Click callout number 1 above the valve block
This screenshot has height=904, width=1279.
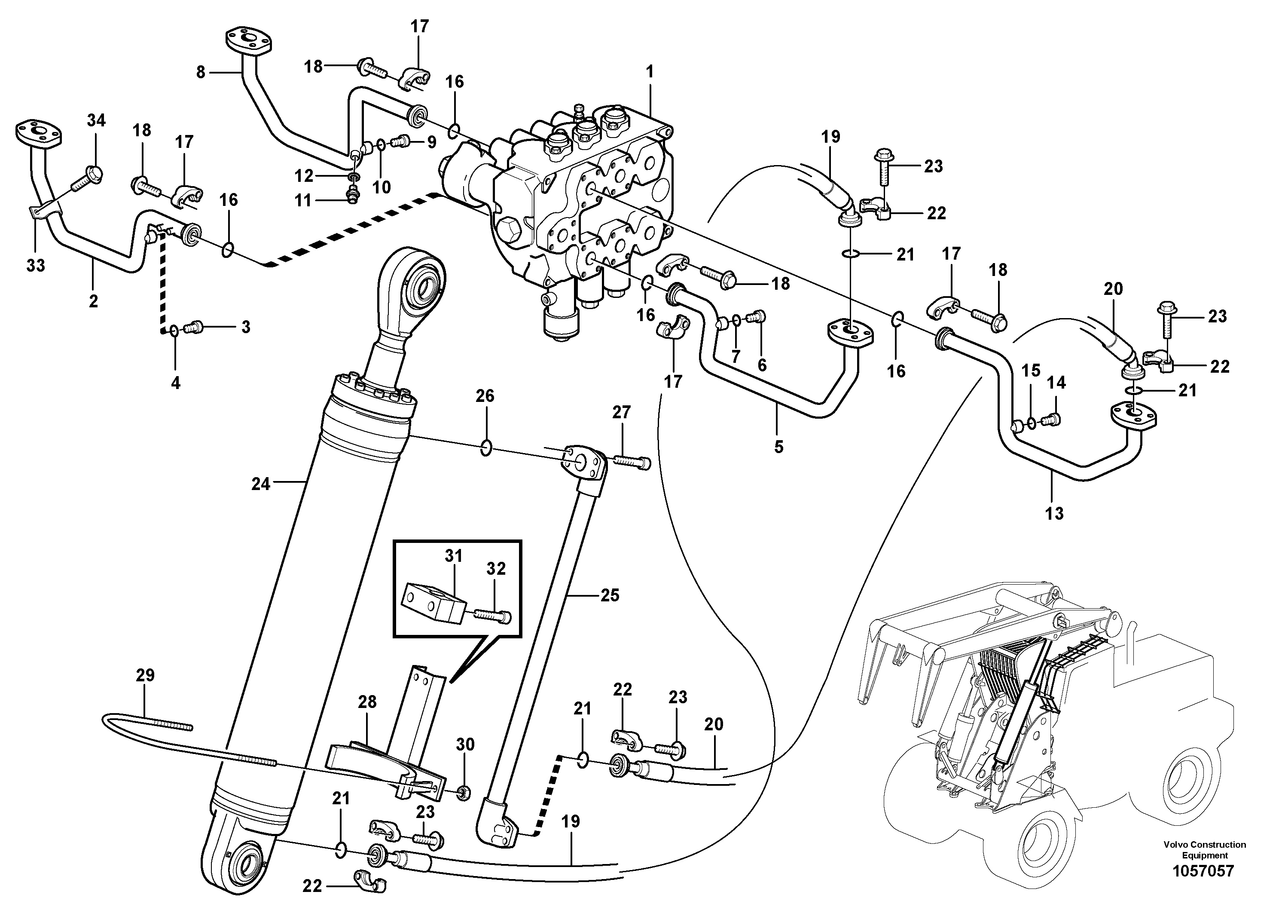pos(649,72)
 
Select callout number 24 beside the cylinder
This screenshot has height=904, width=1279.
pos(261,484)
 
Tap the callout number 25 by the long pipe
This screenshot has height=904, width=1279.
pos(610,595)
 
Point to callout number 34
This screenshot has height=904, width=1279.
pos(96,120)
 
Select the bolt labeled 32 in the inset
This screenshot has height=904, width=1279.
pos(492,615)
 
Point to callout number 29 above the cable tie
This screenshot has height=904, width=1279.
pos(145,675)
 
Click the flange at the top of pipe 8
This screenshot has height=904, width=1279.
pos(249,43)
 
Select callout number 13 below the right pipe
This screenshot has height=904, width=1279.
pos(1054,513)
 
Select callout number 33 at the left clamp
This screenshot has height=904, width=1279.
pos(36,265)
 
